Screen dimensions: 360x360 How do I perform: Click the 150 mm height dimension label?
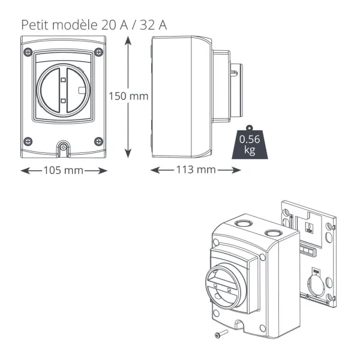pos(128,96)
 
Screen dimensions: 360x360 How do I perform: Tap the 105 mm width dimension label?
pos(64,170)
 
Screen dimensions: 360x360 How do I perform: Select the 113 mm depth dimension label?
pos(196,170)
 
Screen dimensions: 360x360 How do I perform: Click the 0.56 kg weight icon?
pos(250,142)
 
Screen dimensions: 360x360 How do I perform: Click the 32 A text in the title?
pos(154,25)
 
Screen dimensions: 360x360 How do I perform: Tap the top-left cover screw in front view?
pos(28,52)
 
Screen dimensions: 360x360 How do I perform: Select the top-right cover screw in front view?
pos(99,52)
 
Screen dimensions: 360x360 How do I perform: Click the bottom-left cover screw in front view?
pos(28,141)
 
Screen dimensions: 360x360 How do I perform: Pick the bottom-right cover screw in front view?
pos(99,142)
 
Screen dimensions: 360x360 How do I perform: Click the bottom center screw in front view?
pos(64,146)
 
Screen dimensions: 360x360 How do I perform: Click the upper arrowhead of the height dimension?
pos(128,41)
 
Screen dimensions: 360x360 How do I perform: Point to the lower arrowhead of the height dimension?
pos(128,152)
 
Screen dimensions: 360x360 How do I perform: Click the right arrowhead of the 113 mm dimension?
pos(236,170)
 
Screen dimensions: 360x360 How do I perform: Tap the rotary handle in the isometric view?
pos(226,286)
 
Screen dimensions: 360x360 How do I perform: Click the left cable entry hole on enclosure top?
pos(244,223)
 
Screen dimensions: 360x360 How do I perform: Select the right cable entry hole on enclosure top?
pos(273,233)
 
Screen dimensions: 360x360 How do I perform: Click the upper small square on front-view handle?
pos(63,80)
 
